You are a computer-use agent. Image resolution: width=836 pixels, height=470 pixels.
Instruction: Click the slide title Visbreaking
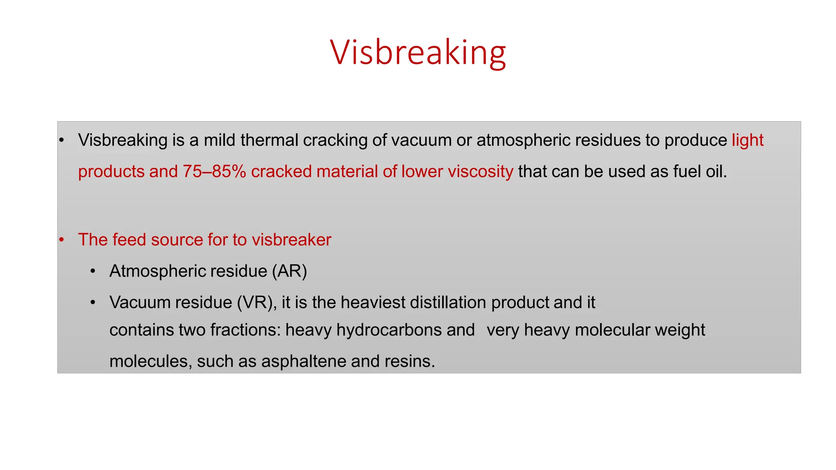[418, 52]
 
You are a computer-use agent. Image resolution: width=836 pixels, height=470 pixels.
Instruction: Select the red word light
[747, 140]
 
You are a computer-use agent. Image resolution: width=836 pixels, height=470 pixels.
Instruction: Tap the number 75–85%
[214, 171]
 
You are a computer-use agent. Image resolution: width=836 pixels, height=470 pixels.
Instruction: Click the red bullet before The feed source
[62, 239]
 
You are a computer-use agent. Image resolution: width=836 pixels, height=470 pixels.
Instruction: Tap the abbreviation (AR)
[290, 271]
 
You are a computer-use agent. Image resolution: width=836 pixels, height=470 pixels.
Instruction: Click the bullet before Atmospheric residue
[93, 271]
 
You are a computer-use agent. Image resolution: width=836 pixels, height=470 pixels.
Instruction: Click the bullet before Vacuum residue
[93, 302]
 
